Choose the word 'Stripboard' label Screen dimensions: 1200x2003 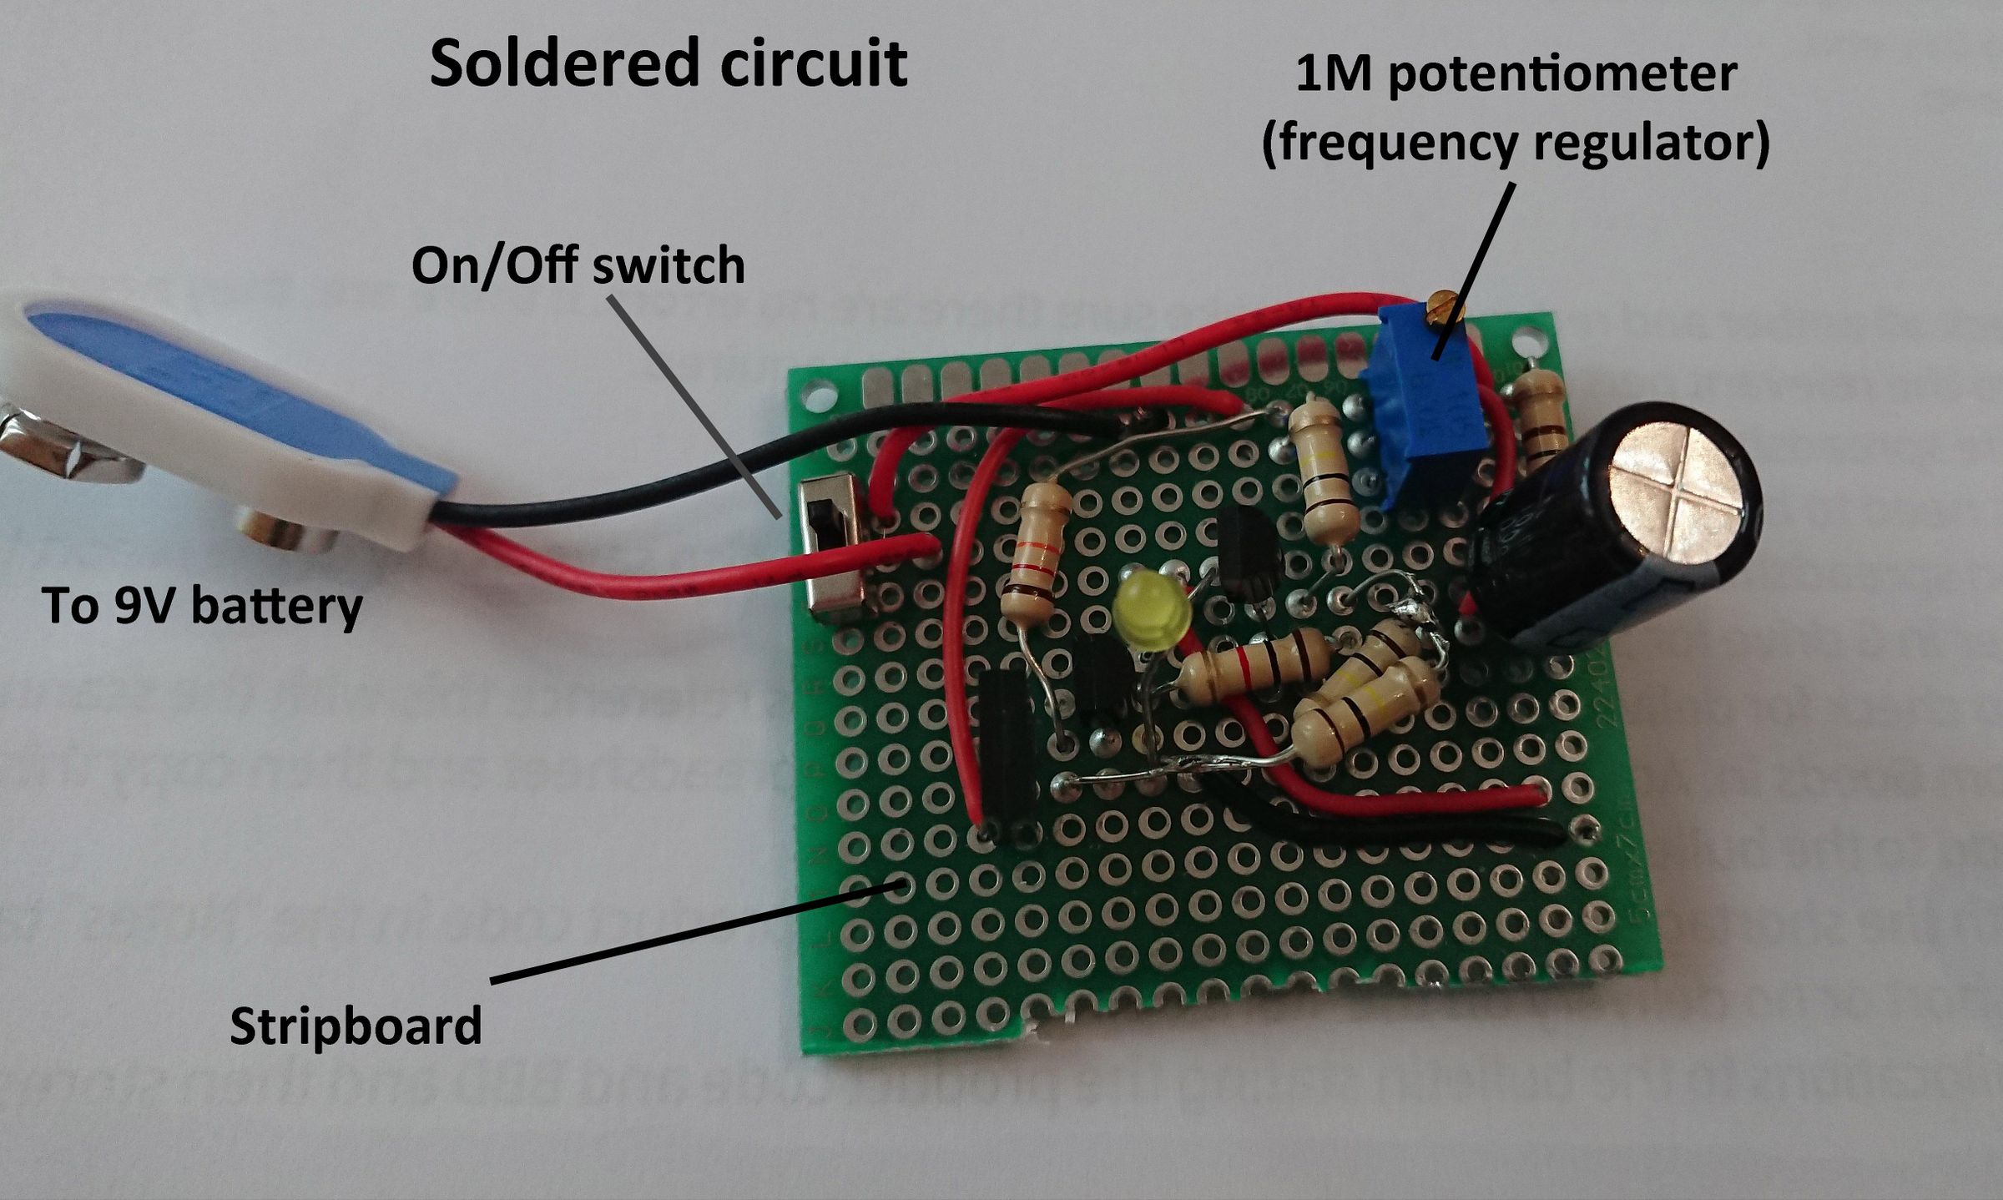tap(356, 1026)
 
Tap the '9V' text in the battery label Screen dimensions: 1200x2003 tap(149, 606)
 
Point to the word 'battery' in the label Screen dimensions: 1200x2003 tap(276, 606)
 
